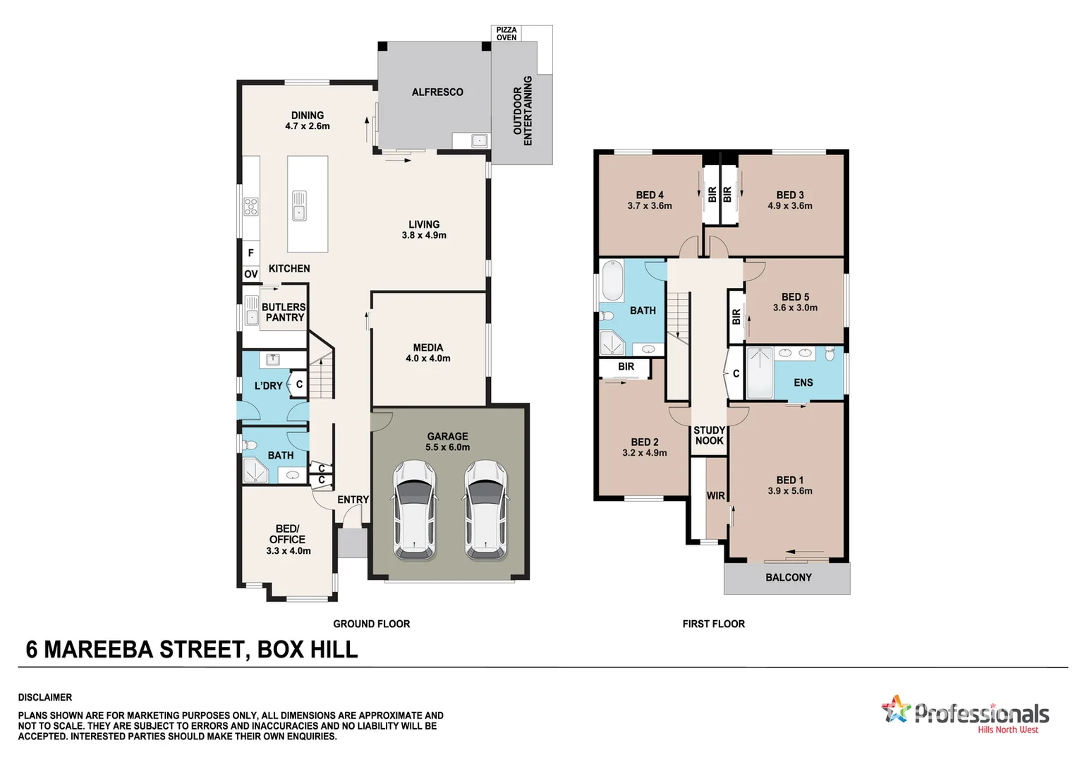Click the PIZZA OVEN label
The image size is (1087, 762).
click(x=506, y=34)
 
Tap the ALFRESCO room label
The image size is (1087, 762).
click(x=437, y=92)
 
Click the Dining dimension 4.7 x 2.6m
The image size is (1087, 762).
click(x=308, y=126)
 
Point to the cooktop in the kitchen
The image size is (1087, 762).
click(x=251, y=206)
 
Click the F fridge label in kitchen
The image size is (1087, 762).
click(x=250, y=253)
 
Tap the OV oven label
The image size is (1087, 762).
click(x=250, y=274)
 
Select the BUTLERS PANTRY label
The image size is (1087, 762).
click(x=284, y=312)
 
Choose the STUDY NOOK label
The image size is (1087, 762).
click(x=709, y=435)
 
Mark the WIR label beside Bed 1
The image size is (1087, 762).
click(x=715, y=495)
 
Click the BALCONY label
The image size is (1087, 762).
click(x=788, y=577)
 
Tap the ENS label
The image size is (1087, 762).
click(x=803, y=382)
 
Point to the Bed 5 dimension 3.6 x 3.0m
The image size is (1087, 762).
click(x=795, y=308)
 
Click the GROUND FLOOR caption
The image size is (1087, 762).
click(x=371, y=624)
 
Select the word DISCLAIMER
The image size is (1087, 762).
click(x=45, y=697)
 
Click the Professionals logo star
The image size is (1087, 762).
click(x=896, y=708)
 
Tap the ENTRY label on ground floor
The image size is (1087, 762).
click(x=353, y=500)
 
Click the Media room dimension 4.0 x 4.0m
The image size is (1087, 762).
click(x=427, y=358)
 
